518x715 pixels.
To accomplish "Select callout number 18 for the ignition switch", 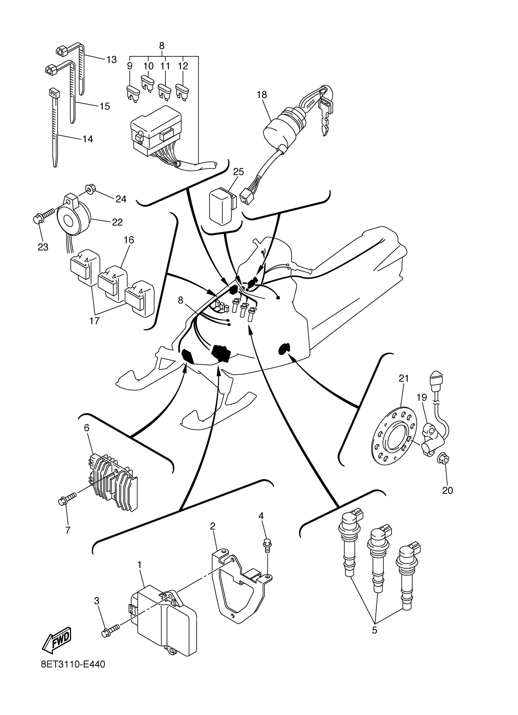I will coord(262,94).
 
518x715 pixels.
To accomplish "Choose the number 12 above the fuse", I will coord(183,66).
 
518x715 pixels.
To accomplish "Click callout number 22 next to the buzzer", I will coord(117,222).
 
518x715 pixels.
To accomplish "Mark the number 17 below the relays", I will coord(94,321).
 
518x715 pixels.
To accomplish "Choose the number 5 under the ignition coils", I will coord(374,630).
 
